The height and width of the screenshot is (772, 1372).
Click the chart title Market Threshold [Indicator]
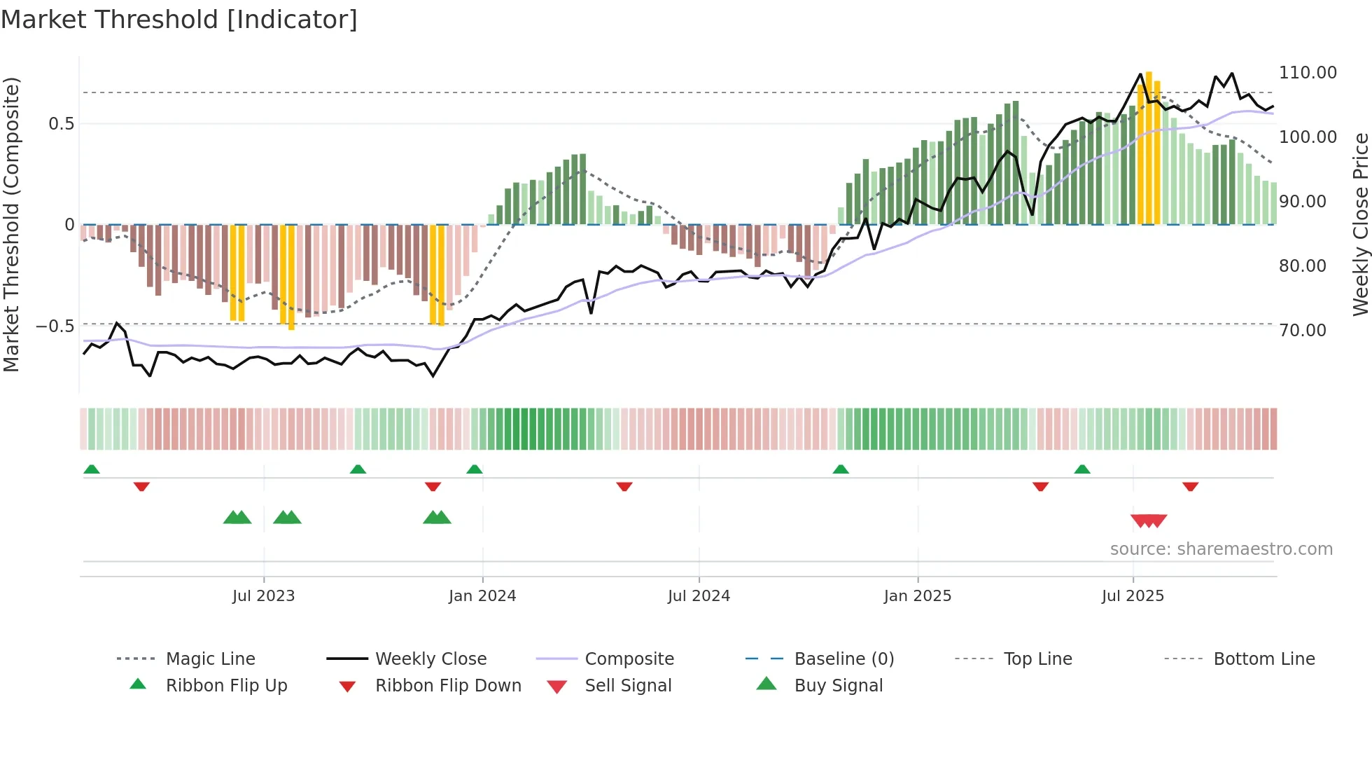click(179, 20)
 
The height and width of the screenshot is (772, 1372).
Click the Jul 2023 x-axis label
click(263, 595)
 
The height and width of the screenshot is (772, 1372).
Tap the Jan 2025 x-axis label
click(917, 595)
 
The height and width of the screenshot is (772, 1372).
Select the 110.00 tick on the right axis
click(1308, 73)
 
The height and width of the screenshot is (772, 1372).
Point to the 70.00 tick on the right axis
click(1302, 330)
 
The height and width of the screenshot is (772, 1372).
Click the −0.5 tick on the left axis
click(55, 326)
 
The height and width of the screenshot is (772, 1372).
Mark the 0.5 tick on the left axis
click(61, 124)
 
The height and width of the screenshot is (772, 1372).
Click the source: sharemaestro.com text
click(1221, 549)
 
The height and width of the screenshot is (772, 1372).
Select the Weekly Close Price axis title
click(1360, 224)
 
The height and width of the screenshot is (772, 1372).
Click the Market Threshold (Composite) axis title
click(11, 224)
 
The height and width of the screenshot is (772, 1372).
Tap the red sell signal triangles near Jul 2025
click(1149, 521)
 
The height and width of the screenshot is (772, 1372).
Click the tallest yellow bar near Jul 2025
click(1149, 147)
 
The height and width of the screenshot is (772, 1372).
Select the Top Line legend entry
click(1037, 659)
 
